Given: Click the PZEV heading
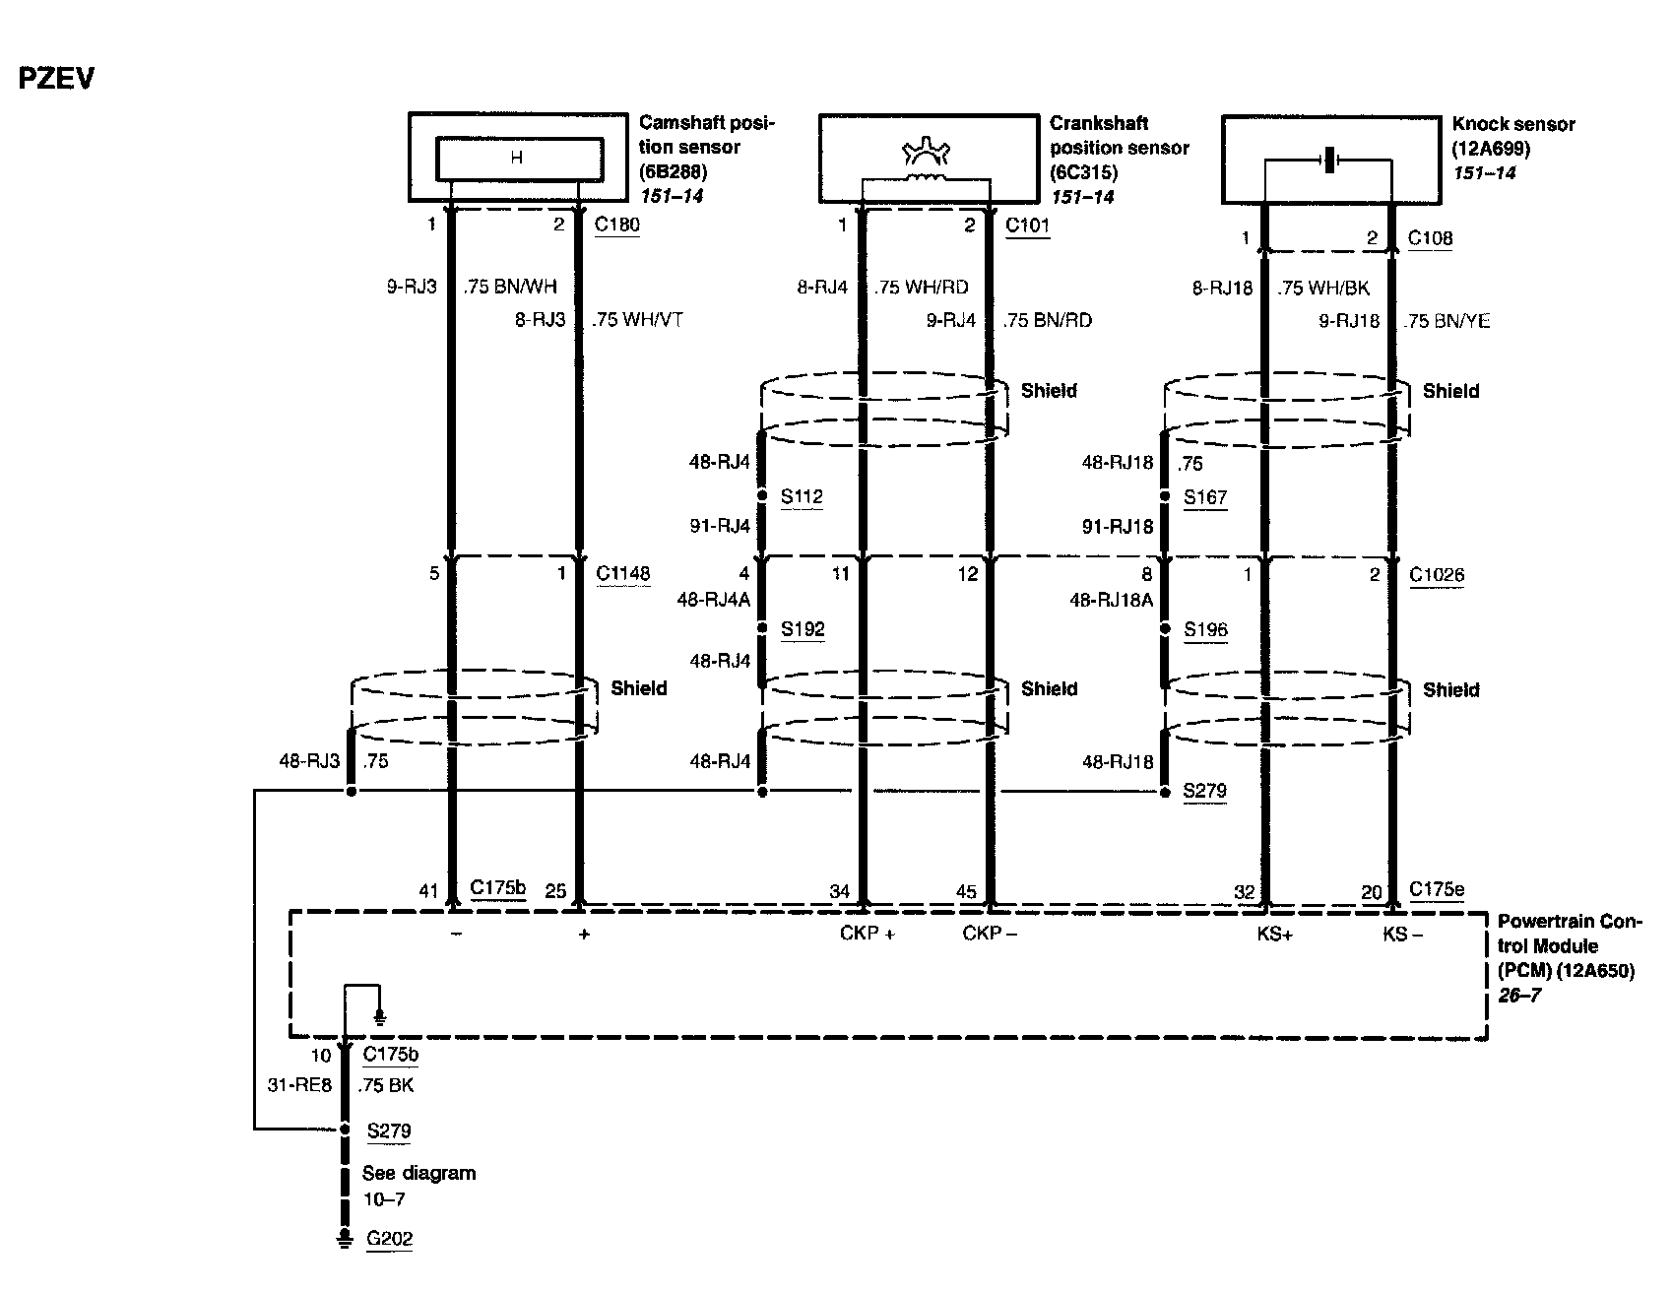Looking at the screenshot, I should (x=56, y=79).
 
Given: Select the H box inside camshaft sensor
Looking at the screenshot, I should (x=519, y=158).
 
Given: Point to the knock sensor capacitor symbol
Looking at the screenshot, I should (x=1328, y=161).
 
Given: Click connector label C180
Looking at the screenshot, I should (x=616, y=225).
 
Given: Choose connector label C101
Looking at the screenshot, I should (x=1027, y=226).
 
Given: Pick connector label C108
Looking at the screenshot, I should (x=1430, y=237).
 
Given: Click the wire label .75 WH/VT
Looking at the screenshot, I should (x=637, y=320).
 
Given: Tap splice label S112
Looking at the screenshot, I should (x=802, y=497).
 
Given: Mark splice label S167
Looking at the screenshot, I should (x=1205, y=497).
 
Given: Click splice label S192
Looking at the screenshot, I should (x=803, y=629).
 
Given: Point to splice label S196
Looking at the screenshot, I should (x=1205, y=629).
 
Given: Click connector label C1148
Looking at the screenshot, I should (x=623, y=573).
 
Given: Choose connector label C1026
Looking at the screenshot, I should (x=1436, y=574).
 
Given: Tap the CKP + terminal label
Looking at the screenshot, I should (x=867, y=934).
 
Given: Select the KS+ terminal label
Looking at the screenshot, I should (x=1274, y=934).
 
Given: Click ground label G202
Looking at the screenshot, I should (x=389, y=1239).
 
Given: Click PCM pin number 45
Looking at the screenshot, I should (x=966, y=891).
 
